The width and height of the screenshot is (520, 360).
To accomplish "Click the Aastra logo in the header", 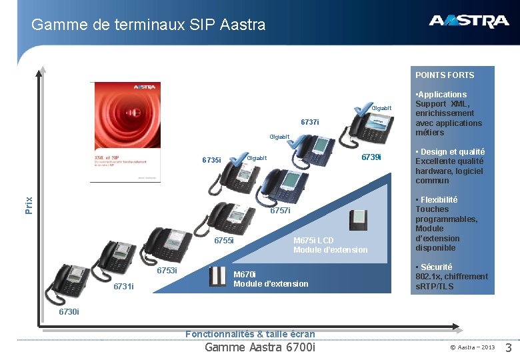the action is (469, 21).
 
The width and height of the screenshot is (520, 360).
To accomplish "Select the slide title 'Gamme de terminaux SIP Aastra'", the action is (148, 25).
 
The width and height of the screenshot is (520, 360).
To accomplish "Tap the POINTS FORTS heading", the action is (445, 75).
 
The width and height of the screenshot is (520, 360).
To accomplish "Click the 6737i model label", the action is (310, 123).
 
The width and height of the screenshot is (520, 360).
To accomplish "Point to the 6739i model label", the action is (371, 157).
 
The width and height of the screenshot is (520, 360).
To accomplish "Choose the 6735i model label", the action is (211, 161).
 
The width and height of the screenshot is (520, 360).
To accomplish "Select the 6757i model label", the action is (280, 211).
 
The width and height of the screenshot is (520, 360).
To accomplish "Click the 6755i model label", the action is (224, 241).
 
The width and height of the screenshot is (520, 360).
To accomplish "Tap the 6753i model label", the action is (167, 271).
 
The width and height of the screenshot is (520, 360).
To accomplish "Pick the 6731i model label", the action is (123, 287).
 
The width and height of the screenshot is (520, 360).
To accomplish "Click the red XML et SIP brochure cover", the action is (125, 131).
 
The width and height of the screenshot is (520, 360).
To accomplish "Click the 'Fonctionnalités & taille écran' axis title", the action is (250, 334).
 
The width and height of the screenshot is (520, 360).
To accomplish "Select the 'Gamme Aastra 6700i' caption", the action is (260, 347).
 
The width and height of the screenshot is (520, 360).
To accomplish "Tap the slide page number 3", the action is (508, 347).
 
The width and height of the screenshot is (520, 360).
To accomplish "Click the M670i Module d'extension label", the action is (271, 279).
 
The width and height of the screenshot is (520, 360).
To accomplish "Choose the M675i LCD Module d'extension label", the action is (330, 245).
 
